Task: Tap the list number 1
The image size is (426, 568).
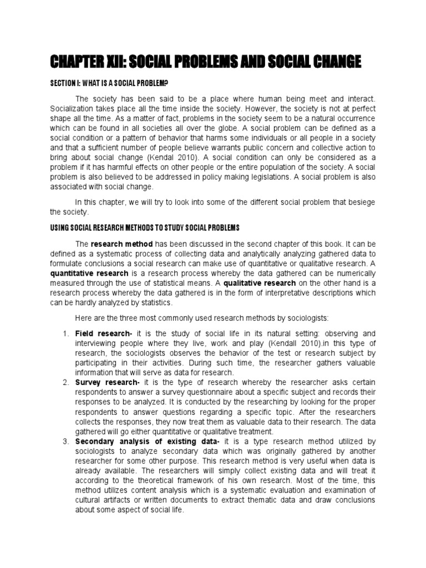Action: click(65, 333)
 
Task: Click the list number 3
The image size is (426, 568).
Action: click(65, 441)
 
